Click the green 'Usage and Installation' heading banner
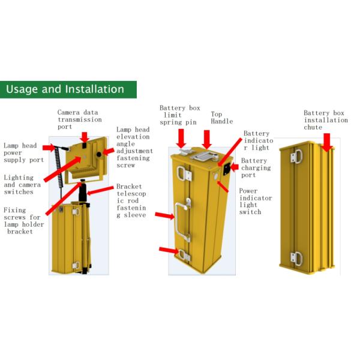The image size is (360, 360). click(68, 89)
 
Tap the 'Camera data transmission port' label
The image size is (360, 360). click(79, 119)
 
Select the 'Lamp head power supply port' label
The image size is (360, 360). click(23, 152)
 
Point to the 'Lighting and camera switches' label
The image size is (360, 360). click(22, 185)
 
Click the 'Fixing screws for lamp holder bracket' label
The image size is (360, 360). click(23, 221)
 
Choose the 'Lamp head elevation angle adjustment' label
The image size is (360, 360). click(134, 147)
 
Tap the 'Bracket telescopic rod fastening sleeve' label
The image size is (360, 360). click(131, 200)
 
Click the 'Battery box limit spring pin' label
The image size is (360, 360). click(179, 115)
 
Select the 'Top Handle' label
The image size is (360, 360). click(221, 118)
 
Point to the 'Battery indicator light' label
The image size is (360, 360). click(258, 140)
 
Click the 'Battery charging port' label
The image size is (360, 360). click(256, 167)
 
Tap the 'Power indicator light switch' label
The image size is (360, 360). click(256, 201)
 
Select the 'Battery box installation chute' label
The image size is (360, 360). click(326, 120)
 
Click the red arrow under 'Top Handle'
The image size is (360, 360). click(206, 140)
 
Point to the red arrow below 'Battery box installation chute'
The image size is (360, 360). click(326, 143)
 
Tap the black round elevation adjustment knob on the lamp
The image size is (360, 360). click(99, 154)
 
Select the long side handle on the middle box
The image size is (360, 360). click(182, 220)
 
